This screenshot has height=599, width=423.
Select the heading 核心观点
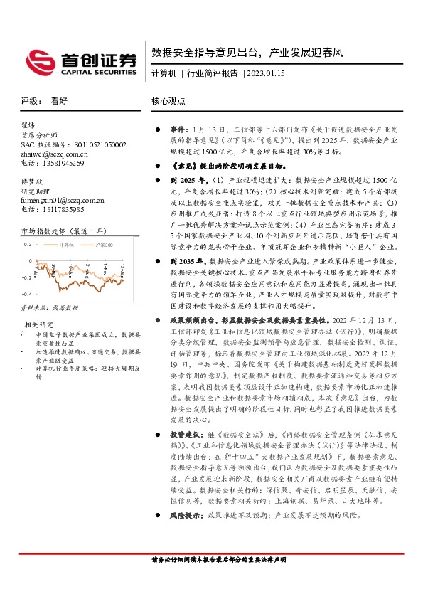(168, 102)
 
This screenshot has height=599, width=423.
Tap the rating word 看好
(59, 102)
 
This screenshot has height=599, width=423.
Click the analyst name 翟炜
(28, 126)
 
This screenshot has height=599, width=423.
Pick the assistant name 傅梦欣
(33, 182)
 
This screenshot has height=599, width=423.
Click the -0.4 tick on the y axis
(27, 292)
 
